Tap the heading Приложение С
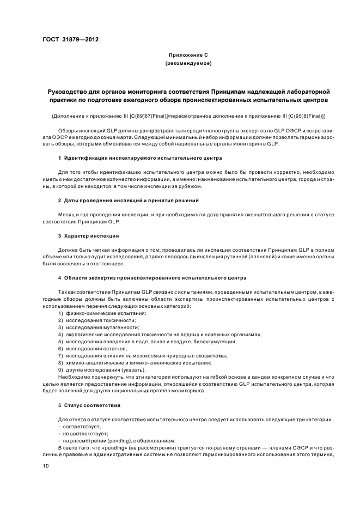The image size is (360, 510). (x=188, y=55)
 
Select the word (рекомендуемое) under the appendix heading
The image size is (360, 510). (x=188, y=64)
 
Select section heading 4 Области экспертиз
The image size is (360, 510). (x=152, y=278)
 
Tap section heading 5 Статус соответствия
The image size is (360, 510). (x=89, y=406)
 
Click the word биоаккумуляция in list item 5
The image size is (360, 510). (x=218, y=341)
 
